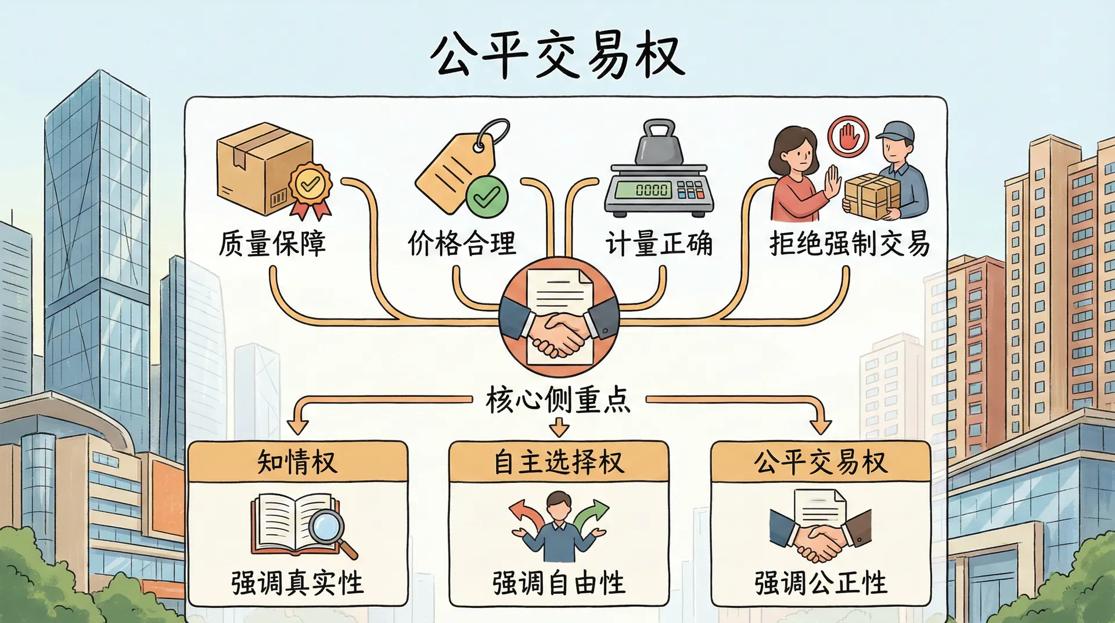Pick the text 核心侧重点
click(558, 400)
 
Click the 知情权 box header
click(297, 463)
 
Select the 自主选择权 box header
click(559, 463)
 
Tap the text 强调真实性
click(297, 583)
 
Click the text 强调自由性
click(559, 583)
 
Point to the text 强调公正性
click(821, 583)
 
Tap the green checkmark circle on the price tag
click(487, 197)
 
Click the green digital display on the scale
click(643, 189)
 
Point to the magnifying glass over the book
click(326, 528)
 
